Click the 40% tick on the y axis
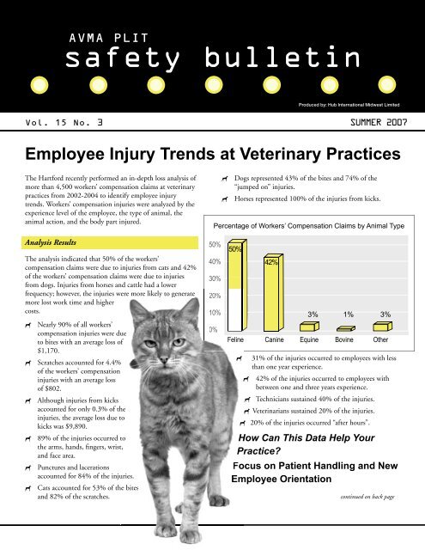pyautogui.click(x=216, y=261)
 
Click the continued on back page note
pyautogui.click(x=367, y=496)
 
